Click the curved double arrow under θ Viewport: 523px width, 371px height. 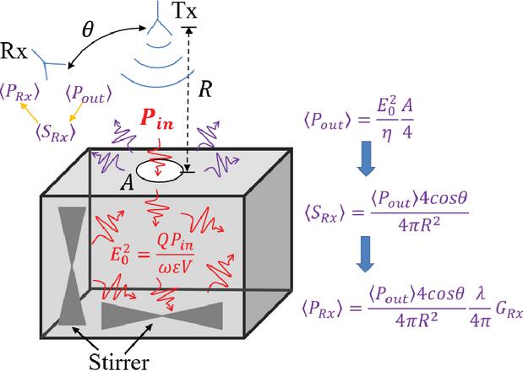pos(101,50)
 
